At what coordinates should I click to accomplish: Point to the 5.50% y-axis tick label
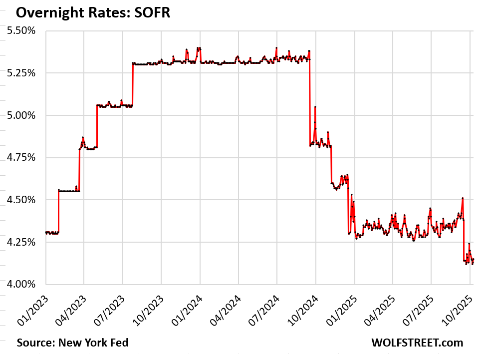(x=21, y=31)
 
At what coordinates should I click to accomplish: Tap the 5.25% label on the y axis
(x=21, y=73)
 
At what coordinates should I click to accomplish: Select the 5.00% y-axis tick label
(x=21, y=115)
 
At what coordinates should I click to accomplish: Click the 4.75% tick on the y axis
(x=21, y=158)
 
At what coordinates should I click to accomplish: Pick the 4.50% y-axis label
(x=21, y=200)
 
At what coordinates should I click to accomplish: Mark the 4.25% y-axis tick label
(x=21, y=242)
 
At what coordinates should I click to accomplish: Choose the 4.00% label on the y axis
(x=21, y=284)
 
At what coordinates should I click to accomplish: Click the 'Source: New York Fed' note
(x=72, y=343)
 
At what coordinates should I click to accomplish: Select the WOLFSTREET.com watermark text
(x=417, y=343)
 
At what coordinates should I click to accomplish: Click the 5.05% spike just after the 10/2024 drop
(x=315, y=107)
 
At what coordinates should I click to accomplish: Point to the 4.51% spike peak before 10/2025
(x=463, y=198)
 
